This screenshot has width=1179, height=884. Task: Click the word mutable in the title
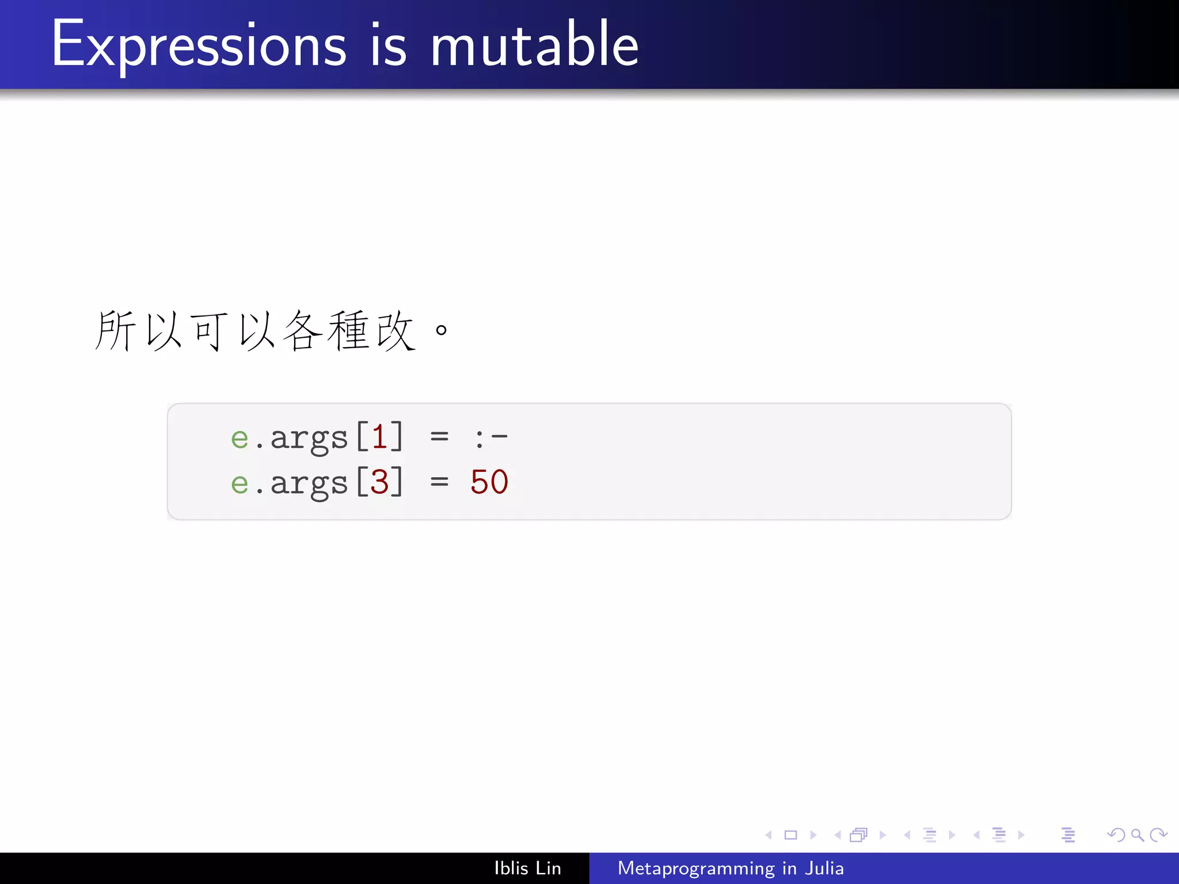click(534, 45)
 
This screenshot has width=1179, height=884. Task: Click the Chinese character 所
click(115, 330)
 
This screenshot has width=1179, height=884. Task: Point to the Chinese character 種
click(348, 330)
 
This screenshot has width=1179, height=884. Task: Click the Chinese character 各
click(302, 330)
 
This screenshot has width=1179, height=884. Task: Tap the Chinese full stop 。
click(442, 330)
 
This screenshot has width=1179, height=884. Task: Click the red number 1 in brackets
click(379, 437)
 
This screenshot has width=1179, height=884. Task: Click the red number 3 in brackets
click(379, 482)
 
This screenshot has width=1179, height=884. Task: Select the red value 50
click(489, 482)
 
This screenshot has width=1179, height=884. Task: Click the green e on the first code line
click(239, 439)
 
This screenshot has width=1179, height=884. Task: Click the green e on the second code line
click(239, 483)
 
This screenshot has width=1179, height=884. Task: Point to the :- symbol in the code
click(490, 437)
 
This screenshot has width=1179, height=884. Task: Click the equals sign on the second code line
click(439, 482)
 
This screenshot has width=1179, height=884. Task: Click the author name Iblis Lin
click(527, 868)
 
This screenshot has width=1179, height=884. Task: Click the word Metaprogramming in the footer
click(696, 868)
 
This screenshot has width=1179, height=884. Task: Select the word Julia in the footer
click(824, 868)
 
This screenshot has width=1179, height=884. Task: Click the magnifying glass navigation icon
click(1137, 835)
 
